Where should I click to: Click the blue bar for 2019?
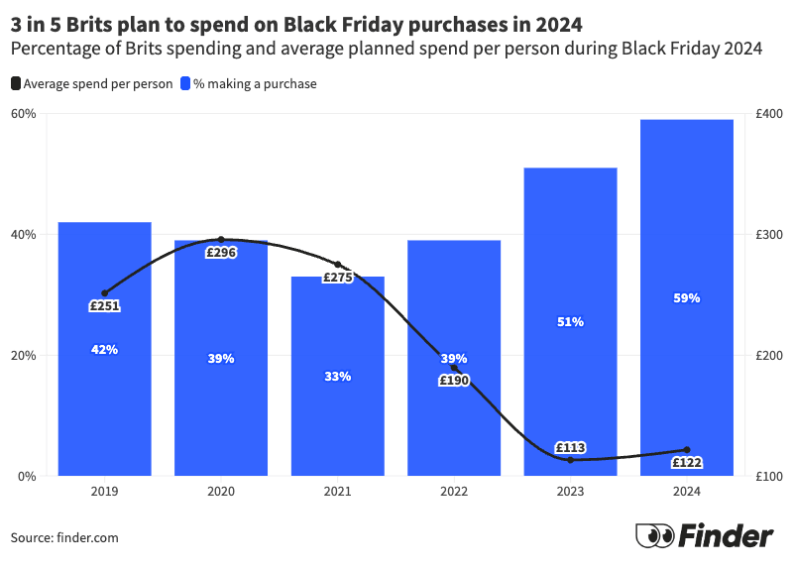tap(104, 397)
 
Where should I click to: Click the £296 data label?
tap(221, 253)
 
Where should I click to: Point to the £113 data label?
tap(571, 447)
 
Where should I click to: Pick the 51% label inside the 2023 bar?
tap(571, 321)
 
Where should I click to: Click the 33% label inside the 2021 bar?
tap(337, 376)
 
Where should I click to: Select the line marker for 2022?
tap(454, 368)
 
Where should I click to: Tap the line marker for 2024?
tap(687, 450)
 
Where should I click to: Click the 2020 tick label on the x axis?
tap(221, 490)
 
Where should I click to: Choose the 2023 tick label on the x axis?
tap(571, 490)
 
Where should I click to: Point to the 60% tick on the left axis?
tap(24, 114)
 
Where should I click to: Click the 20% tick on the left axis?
tap(24, 355)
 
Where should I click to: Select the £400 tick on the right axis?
tap(768, 114)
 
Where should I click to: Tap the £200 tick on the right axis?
tap(768, 355)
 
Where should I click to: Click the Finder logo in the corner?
tap(705, 536)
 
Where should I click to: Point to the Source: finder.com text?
tap(65, 537)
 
